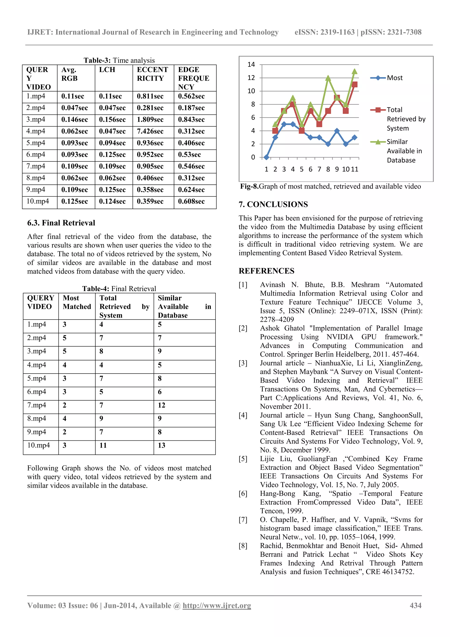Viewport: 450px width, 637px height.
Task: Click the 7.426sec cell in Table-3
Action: tap(150, 131)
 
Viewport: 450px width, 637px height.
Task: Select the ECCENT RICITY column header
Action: tap(152, 74)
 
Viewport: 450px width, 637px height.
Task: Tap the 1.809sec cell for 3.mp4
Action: tap(150, 120)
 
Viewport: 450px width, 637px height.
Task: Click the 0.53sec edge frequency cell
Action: tap(189, 155)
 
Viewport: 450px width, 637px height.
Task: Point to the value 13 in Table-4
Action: tap(162, 445)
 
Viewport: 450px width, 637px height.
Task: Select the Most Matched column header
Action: tap(77, 302)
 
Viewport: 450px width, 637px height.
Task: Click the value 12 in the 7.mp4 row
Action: tap(162, 405)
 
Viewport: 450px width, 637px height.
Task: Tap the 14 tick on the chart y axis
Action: tap(251, 65)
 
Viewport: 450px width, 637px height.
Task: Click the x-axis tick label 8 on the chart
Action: tap(328, 169)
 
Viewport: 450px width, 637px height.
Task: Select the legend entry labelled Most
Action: tap(395, 78)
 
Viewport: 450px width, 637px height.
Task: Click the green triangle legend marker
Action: tap(378, 142)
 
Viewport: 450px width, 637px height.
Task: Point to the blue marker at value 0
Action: tap(267, 157)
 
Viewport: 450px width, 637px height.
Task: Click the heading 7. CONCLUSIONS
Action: tap(273, 204)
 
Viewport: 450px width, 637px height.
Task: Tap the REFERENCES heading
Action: tap(267, 271)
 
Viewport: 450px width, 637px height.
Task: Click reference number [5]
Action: tap(243, 459)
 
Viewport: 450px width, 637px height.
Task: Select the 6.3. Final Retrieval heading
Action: tap(61, 223)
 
